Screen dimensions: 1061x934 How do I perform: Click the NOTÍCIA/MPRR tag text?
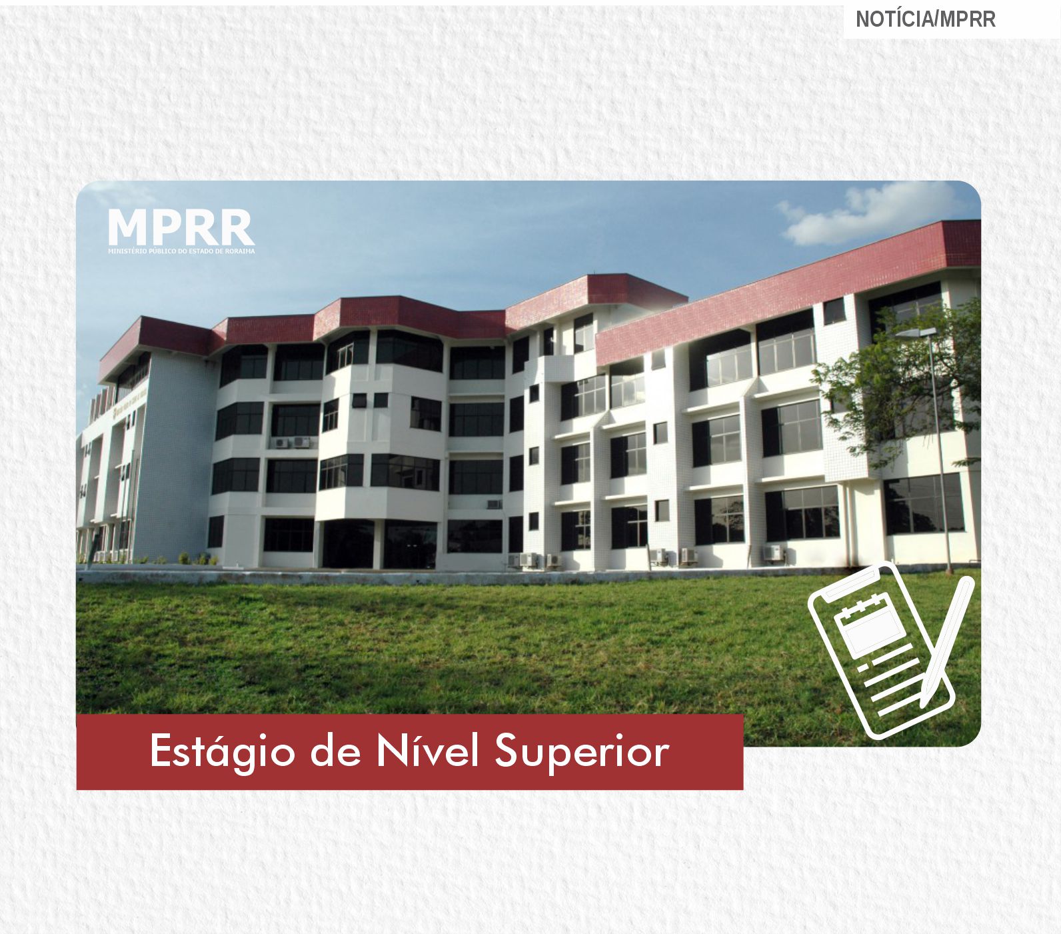click(x=925, y=19)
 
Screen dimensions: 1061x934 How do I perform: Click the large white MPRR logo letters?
click(x=181, y=227)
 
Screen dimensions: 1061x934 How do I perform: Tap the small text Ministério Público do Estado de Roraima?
click(x=181, y=251)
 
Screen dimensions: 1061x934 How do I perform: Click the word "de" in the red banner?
click(x=335, y=751)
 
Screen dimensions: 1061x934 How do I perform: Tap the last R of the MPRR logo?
click(x=237, y=227)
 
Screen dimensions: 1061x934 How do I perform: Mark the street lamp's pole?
click(x=942, y=453)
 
